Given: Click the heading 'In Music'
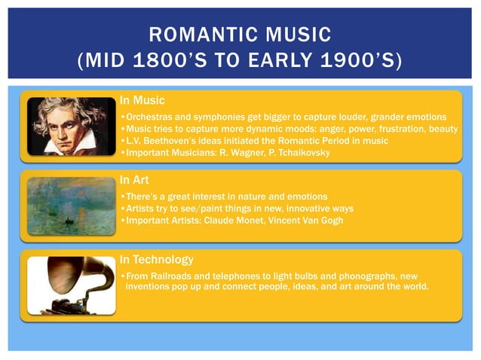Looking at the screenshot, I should tap(142, 100).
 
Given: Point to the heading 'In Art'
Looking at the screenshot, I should tap(136, 180).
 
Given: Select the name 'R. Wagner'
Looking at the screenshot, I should tap(243, 153).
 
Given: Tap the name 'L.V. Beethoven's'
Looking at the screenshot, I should tap(161, 141).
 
